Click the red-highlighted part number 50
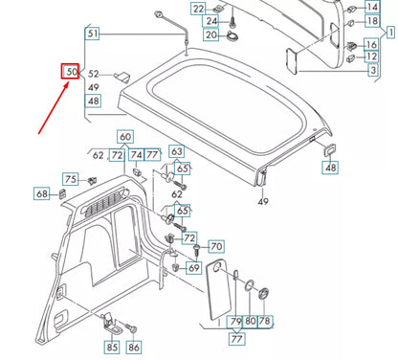coord(72,71)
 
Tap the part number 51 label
coord(93,34)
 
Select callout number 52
coord(94,74)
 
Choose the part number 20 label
coord(210,35)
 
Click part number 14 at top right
coord(373,8)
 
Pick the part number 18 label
coord(373,21)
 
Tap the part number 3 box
coord(372,71)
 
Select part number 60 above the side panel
coord(126,138)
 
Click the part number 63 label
coord(177,151)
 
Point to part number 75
coord(71,179)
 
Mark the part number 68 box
coord(42,194)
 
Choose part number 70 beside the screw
coord(215,247)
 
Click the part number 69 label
coord(193,268)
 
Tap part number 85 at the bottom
coord(112,347)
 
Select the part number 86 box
coord(133,347)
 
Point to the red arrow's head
coord(67,83)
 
